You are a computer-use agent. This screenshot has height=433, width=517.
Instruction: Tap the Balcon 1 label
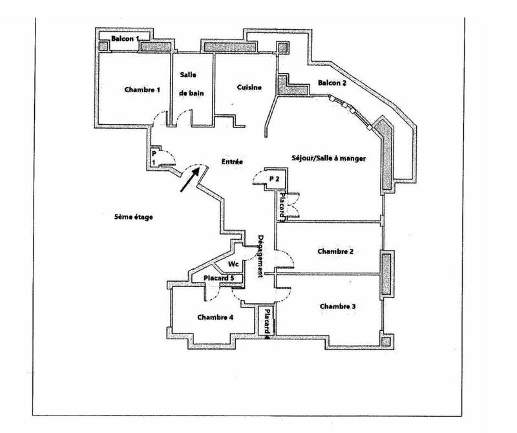coord(125,39)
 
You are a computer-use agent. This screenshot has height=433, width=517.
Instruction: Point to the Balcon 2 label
coord(332,83)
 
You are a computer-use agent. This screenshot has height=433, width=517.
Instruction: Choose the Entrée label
coord(231,162)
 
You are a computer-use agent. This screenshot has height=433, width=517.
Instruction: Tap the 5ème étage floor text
coord(132,217)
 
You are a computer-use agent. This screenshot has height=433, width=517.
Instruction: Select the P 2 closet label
coord(274,178)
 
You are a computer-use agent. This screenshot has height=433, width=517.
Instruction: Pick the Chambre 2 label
coord(335,251)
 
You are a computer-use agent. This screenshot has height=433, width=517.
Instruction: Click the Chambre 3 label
coord(337,306)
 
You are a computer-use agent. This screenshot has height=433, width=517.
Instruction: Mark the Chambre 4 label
coord(215,317)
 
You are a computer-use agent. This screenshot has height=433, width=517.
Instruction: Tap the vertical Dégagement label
coord(260,256)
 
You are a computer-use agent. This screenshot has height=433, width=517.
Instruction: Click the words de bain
coord(192,94)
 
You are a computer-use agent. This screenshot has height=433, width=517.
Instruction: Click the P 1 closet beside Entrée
coord(154,158)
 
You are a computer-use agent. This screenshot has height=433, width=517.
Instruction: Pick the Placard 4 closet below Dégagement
coord(266,321)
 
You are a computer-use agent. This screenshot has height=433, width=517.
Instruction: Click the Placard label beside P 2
coord(282,207)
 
